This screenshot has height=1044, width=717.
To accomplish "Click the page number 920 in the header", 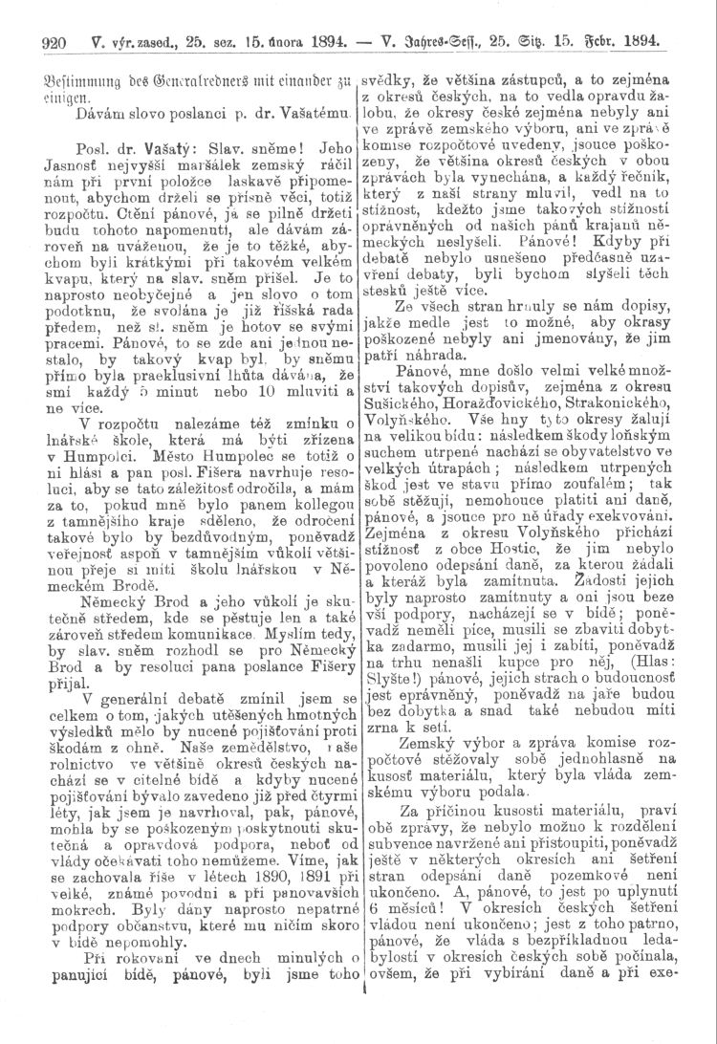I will click(x=45, y=43).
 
